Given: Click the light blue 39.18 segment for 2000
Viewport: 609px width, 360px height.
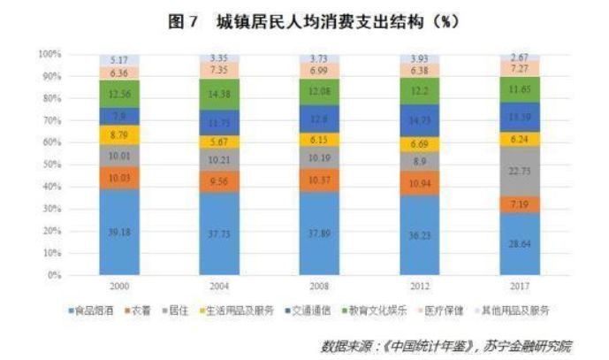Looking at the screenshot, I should pos(119,232).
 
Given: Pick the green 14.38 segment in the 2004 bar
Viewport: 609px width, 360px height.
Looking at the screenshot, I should pos(219,94).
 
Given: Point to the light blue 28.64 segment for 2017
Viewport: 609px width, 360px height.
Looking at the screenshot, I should pos(520,243).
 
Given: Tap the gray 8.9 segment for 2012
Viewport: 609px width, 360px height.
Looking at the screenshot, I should pos(420,161).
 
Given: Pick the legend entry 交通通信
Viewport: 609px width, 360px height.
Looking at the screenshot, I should pos(305,312).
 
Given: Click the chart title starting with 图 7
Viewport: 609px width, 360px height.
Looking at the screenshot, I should pos(304,20).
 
